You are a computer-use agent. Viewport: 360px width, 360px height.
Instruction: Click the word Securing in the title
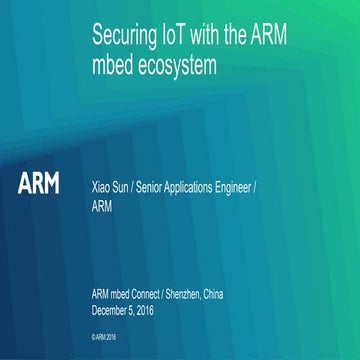[121, 36]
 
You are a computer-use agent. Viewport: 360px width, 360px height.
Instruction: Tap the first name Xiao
[102, 186]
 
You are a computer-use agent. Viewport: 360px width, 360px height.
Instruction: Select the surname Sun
[128, 186]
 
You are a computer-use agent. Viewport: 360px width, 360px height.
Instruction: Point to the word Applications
[212, 186]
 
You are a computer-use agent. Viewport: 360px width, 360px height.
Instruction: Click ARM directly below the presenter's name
[102, 207]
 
